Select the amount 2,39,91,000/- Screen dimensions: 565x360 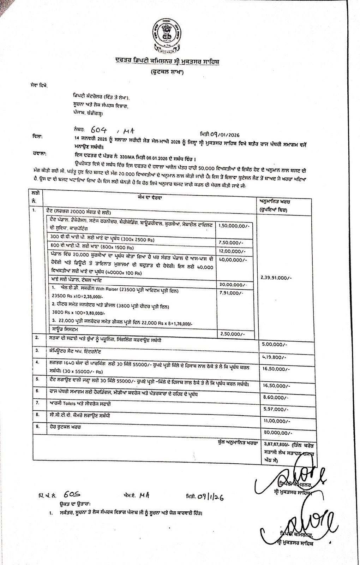276,278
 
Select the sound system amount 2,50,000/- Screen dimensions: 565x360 232,334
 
